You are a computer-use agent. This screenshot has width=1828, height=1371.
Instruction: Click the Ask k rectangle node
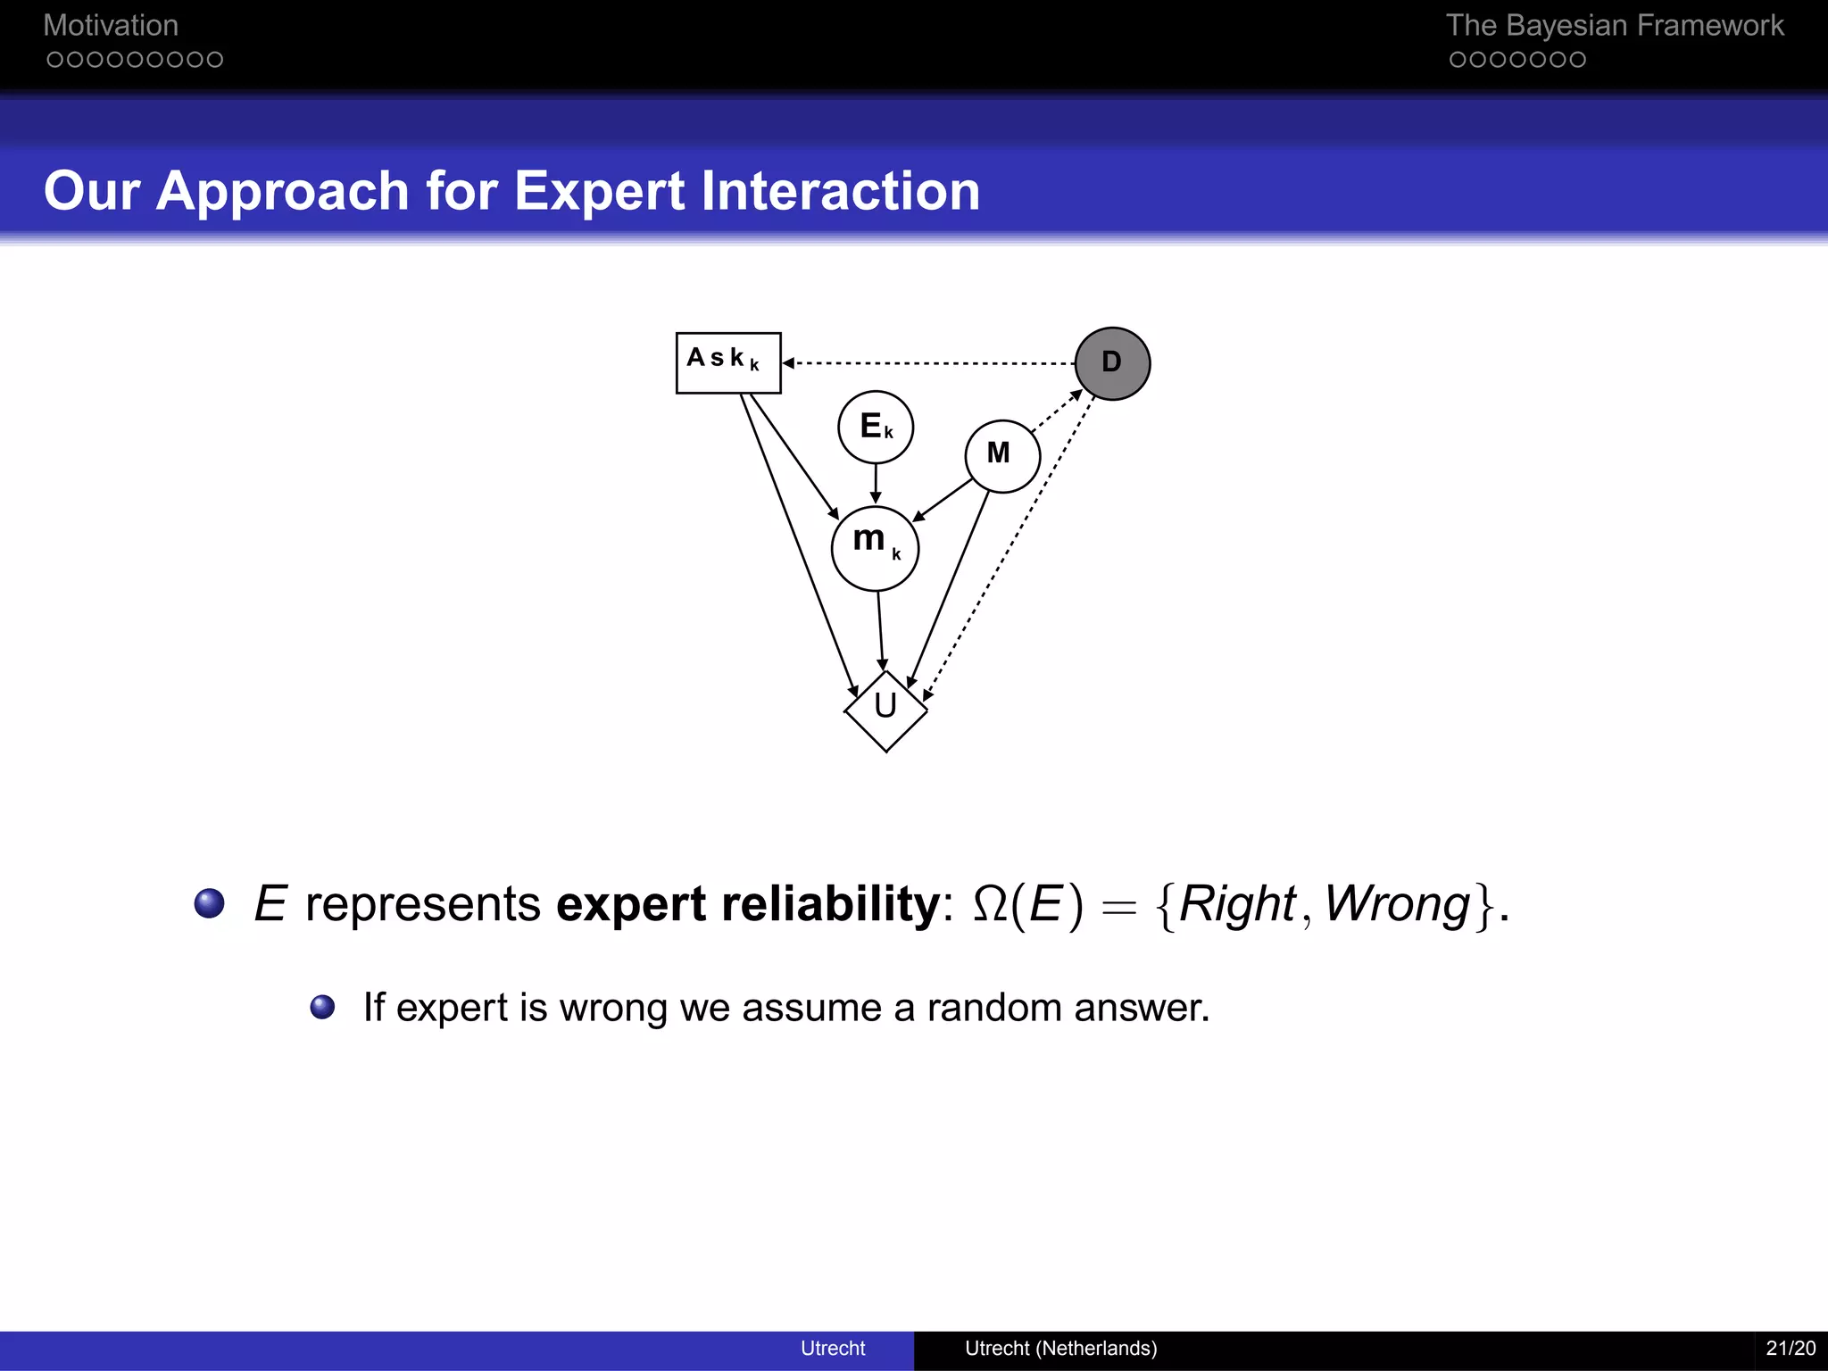point(728,362)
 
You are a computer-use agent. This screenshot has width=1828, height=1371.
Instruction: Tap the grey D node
point(1112,363)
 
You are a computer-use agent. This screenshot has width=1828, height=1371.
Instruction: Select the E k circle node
point(876,427)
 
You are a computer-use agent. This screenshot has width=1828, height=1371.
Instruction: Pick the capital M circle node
point(1002,456)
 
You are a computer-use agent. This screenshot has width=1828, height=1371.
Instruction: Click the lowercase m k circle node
point(875,548)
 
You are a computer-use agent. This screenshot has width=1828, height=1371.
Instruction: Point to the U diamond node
point(885,710)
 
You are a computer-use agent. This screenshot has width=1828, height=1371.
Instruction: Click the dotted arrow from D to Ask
point(928,363)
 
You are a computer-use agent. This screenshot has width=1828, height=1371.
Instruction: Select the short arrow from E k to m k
point(876,484)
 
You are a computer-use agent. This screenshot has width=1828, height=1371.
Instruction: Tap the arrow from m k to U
point(880,630)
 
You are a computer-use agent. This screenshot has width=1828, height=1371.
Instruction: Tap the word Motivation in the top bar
point(111,26)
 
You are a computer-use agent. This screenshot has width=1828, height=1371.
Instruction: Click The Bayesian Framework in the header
point(1615,26)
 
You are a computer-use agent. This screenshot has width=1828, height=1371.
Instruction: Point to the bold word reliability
point(830,903)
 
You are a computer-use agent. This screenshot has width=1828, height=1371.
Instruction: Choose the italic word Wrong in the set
point(1397,904)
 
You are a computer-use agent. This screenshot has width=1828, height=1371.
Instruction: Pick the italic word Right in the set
point(1237,904)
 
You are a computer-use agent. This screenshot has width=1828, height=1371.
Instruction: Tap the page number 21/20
point(1791,1348)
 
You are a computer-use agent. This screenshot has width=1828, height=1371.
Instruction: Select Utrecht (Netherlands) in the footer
point(1060,1348)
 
